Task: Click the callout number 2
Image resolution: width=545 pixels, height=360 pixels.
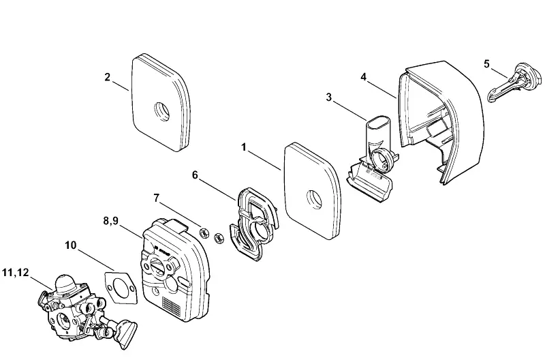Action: tap(108, 77)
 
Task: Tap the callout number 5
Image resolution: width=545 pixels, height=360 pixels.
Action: tap(486, 64)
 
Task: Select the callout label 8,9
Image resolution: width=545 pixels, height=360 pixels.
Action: tap(110, 221)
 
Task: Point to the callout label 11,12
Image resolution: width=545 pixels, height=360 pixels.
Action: tap(15, 272)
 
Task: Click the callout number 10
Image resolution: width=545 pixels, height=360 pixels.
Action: tap(71, 245)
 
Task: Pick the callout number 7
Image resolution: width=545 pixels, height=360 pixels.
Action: tap(157, 198)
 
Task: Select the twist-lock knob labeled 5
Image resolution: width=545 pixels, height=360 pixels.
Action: tap(515, 84)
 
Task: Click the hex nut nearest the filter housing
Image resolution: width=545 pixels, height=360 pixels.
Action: tap(204, 232)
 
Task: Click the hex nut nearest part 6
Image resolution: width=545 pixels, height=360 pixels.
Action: tap(219, 238)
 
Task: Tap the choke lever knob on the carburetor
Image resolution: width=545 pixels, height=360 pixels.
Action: tap(127, 333)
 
